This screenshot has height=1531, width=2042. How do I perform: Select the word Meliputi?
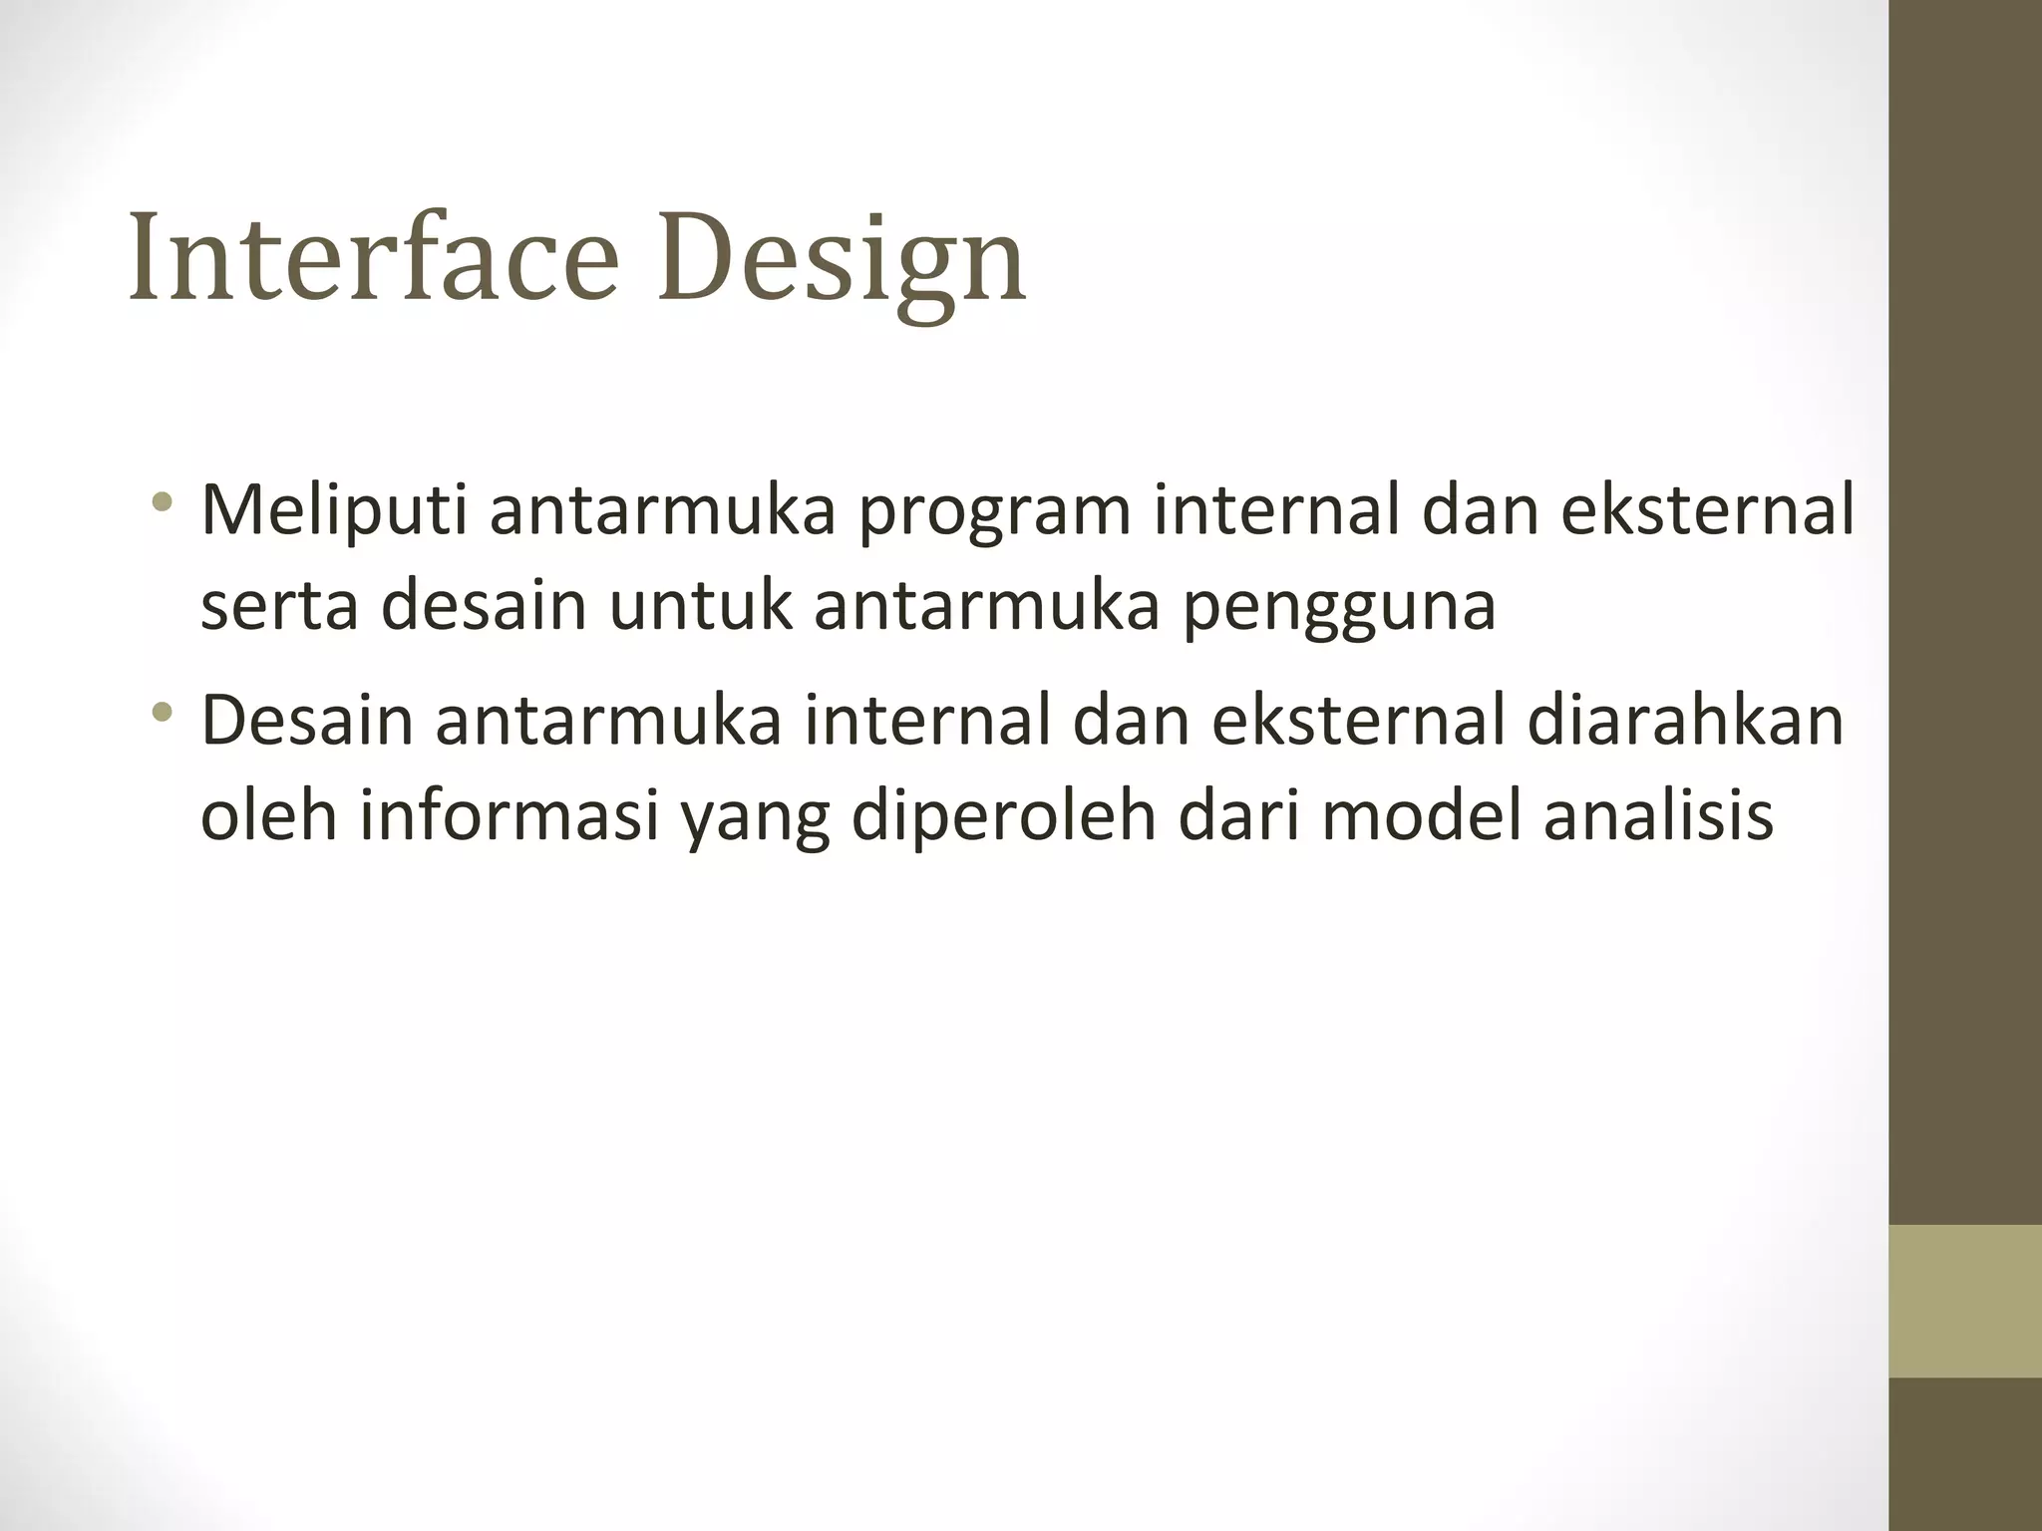tap(333, 510)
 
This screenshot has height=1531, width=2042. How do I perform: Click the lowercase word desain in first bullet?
tap(483, 607)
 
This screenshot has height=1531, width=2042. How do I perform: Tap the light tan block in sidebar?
tap(1964, 1301)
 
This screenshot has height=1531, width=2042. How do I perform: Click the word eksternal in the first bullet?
tap(1706, 510)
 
